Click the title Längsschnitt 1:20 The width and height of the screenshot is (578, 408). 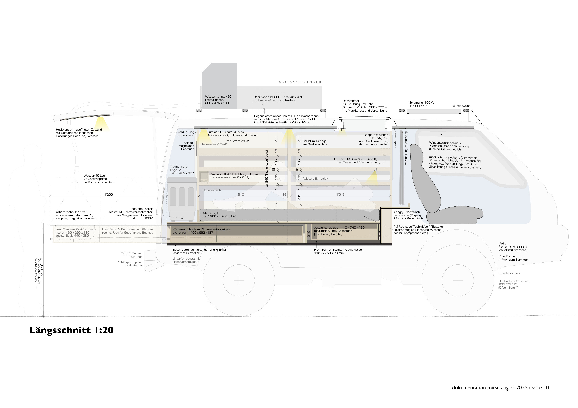(x=72, y=330)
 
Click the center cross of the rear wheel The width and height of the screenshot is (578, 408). (x=239, y=280)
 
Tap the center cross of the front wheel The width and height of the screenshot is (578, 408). (x=457, y=280)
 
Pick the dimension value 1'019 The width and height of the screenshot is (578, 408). (x=340, y=194)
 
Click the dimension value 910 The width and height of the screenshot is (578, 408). (x=241, y=194)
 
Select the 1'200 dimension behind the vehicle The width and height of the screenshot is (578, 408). (x=109, y=194)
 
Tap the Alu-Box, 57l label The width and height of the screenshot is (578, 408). (x=300, y=82)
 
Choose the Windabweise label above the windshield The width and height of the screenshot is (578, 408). (x=461, y=106)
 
